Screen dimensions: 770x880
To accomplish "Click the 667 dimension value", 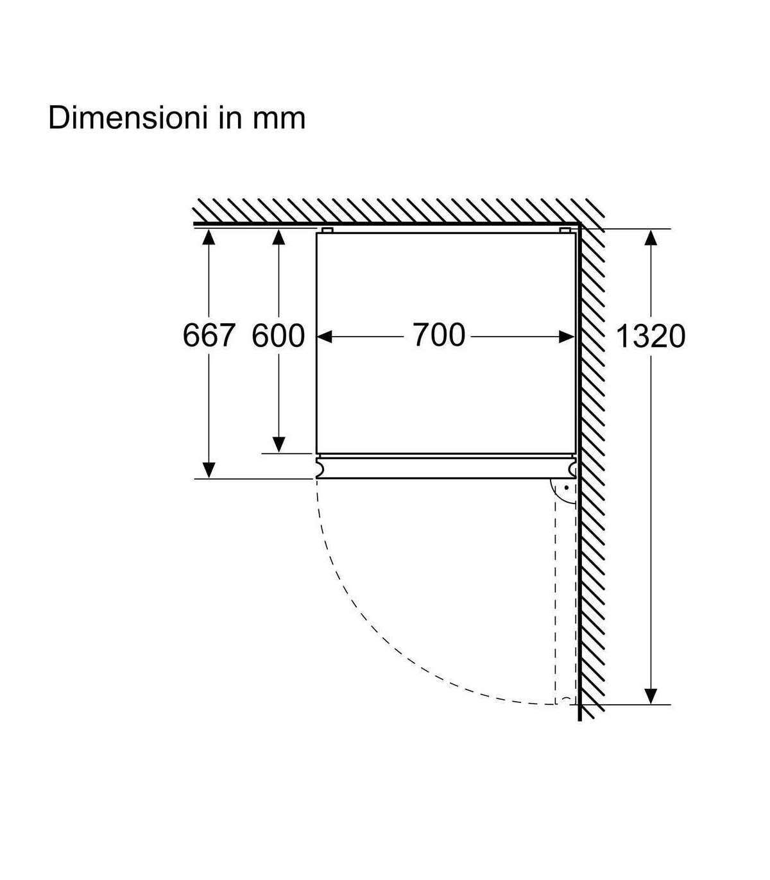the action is click(209, 335).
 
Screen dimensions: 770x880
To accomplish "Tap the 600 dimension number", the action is click(278, 335).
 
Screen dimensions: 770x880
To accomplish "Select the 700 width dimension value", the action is click(439, 334).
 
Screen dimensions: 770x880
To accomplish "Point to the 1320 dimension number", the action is click(651, 336).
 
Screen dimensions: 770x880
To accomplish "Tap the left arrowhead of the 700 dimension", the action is click(324, 336).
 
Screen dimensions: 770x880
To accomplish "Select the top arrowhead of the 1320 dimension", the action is click(651, 237).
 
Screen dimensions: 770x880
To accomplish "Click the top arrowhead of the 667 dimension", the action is click(209, 237).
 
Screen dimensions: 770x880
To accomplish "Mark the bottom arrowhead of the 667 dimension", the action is click(209, 470).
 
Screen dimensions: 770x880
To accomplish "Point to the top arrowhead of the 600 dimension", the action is click(278, 237).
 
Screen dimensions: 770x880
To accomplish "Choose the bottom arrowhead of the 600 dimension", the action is click(278, 444).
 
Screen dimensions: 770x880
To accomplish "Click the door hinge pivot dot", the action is click(567, 487).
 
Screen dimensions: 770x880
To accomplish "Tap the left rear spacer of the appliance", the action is click(327, 230).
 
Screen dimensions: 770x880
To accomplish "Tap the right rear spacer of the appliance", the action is click(565, 230).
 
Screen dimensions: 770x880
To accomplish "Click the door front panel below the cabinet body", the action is click(446, 468).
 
